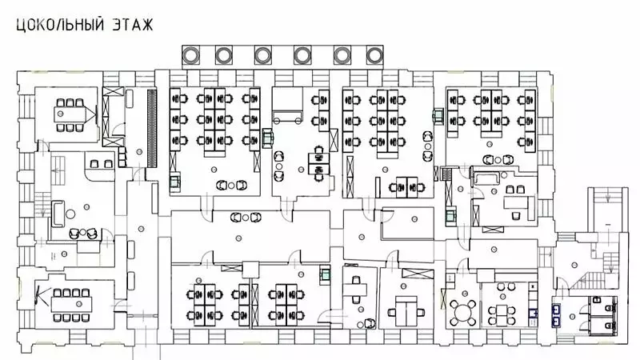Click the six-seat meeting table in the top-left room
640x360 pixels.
coord(70,114)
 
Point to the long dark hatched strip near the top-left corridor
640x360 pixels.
coord(150,124)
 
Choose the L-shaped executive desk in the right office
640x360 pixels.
coord(512,204)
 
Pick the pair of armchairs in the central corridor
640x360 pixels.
coord(245,217)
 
